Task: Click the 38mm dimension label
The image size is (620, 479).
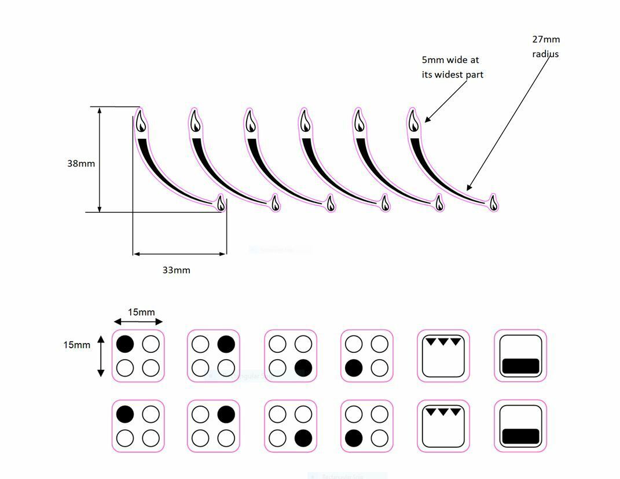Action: [x=81, y=163]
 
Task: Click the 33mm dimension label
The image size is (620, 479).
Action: [x=176, y=270]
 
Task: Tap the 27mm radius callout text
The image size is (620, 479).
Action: [x=546, y=47]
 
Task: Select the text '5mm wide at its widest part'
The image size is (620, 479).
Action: [x=452, y=67]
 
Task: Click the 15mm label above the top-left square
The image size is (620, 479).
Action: [x=141, y=312]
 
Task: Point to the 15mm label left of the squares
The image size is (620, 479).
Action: [x=77, y=345]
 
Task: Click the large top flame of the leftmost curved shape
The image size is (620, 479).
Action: [x=141, y=121]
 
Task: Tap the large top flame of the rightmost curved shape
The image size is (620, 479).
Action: [x=413, y=121]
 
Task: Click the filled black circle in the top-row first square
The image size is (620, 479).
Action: [x=125, y=344]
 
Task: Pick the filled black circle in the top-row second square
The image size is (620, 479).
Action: [x=226, y=344]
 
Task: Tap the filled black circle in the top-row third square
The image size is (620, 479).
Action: [x=303, y=367]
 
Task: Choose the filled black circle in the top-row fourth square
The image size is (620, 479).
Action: [x=354, y=367]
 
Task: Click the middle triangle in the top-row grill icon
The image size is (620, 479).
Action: [x=443, y=341]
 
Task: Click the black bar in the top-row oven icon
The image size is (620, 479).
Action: [x=520, y=366]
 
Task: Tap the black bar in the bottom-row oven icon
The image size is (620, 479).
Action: [x=520, y=436]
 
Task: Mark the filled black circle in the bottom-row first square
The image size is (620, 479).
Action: [x=125, y=414]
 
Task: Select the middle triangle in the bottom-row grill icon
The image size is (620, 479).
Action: [x=443, y=412]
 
